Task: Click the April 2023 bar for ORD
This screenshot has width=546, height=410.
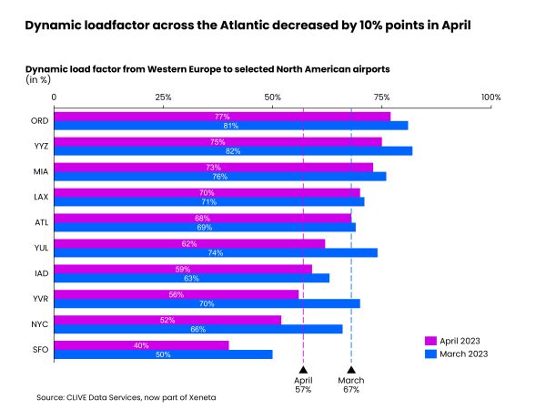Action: (x=222, y=117)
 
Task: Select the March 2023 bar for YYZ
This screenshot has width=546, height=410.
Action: (x=233, y=150)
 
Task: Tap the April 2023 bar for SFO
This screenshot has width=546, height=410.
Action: (x=141, y=344)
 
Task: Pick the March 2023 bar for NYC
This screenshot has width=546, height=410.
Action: (x=198, y=328)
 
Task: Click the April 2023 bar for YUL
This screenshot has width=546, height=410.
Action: (x=189, y=243)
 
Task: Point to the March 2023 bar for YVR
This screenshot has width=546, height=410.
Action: (x=207, y=302)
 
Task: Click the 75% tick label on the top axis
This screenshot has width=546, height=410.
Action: (x=381, y=97)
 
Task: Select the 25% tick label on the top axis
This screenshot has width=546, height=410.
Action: (x=164, y=97)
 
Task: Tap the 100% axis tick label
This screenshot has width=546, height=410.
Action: (x=490, y=97)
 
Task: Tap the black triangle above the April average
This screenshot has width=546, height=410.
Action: (x=303, y=370)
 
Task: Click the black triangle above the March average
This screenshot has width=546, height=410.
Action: (x=351, y=370)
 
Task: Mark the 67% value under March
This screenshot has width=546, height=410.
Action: (x=351, y=390)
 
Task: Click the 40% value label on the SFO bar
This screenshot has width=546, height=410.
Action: (x=142, y=344)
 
